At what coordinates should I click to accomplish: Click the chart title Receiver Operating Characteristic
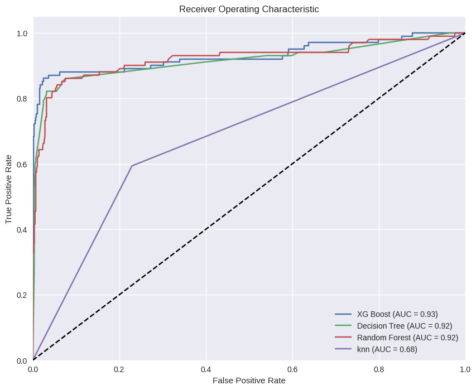pos(249,9)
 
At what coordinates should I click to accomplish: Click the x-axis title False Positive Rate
pos(249,381)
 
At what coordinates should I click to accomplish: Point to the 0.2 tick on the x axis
pos(119,369)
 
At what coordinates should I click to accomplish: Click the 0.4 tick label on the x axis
pos(206,369)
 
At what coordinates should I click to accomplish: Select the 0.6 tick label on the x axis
pos(292,369)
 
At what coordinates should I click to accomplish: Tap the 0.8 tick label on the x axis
pos(379,369)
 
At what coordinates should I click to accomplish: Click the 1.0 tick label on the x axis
pos(465,369)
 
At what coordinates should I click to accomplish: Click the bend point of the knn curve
pos(132,166)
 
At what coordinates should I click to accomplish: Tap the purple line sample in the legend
pos(343,349)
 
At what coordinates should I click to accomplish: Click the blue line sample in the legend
pos(343,314)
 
